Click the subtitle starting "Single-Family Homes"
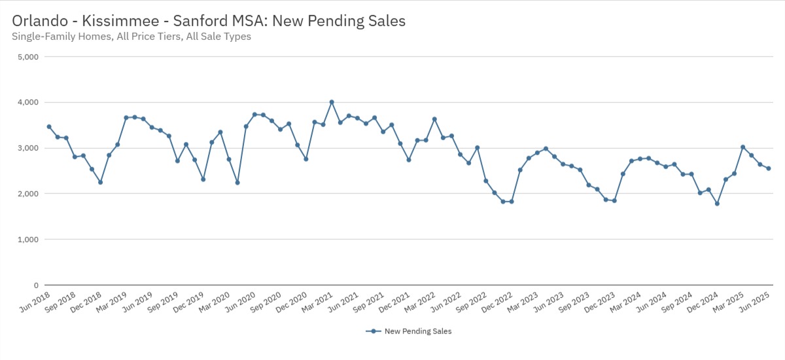tap(131, 37)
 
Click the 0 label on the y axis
tap(37, 285)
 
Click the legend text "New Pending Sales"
tap(418, 331)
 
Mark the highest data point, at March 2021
tap(332, 102)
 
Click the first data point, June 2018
tap(49, 127)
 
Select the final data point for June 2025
tap(769, 168)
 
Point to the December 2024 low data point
tap(718, 204)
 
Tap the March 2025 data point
tap(743, 147)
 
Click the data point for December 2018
tap(100, 182)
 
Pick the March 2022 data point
tap(434, 119)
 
